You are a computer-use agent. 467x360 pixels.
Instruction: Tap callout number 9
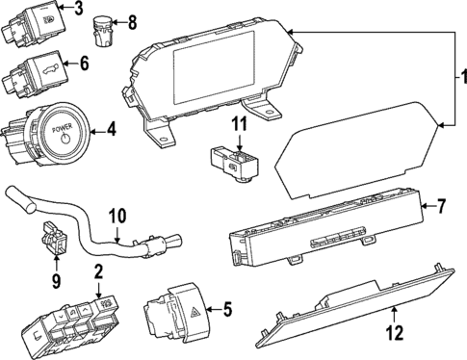55,281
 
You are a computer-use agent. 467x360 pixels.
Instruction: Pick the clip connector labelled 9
53,241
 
